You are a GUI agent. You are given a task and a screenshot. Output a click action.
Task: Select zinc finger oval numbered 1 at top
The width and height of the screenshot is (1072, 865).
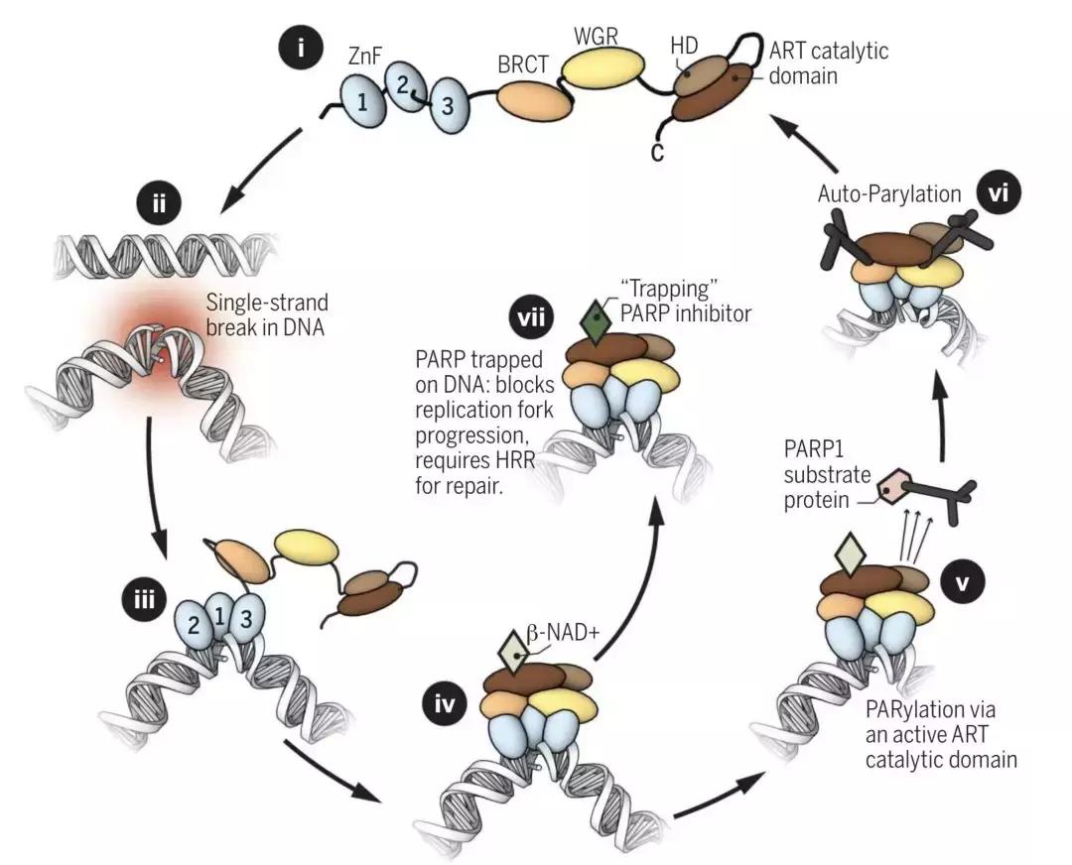[x=363, y=100]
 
